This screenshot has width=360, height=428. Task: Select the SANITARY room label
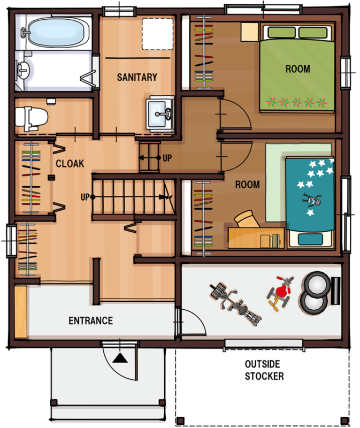(x=137, y=77)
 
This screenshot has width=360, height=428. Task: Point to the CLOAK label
(x=70, y=164)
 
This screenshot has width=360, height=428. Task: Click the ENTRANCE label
(x=90, y=320)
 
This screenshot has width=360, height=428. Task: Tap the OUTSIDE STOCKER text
(x=264, y=370)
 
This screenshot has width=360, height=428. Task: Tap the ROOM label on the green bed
(x=298, y=69)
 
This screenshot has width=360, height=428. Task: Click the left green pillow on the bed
(x=281, y=32)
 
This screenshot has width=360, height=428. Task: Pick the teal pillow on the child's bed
(x=310, y=239)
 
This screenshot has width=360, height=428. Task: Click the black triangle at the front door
(x=120, y=358)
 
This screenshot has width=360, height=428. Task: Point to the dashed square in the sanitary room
(x=157, y=34)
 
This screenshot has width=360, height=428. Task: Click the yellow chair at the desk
(x=247, y=219)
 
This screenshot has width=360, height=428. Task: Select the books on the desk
(x=275, y=241)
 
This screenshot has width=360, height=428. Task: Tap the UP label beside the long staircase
(x=85, y=197)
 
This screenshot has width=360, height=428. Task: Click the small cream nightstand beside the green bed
(x=249, y=32)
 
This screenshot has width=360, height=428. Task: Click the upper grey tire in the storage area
(x=317, y=284)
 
